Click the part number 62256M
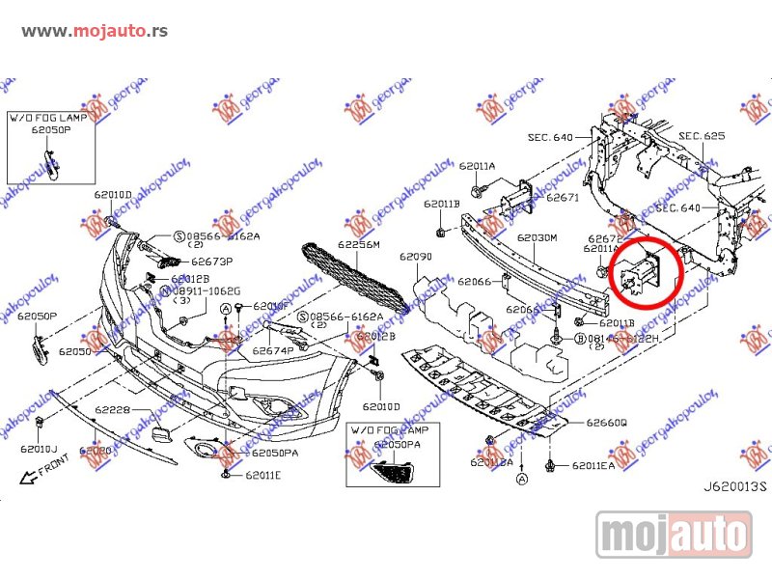(359, 245)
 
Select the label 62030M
(538, 237)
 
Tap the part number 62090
(416, 258)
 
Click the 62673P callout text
(211, 261)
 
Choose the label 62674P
(273, 351)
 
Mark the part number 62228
(112, 410)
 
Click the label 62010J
(40, 450)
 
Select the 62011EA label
(593, 466)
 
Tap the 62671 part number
(562, 198)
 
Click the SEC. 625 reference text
(702, 136)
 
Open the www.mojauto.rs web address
(94, 31)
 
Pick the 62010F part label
(271, 306)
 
